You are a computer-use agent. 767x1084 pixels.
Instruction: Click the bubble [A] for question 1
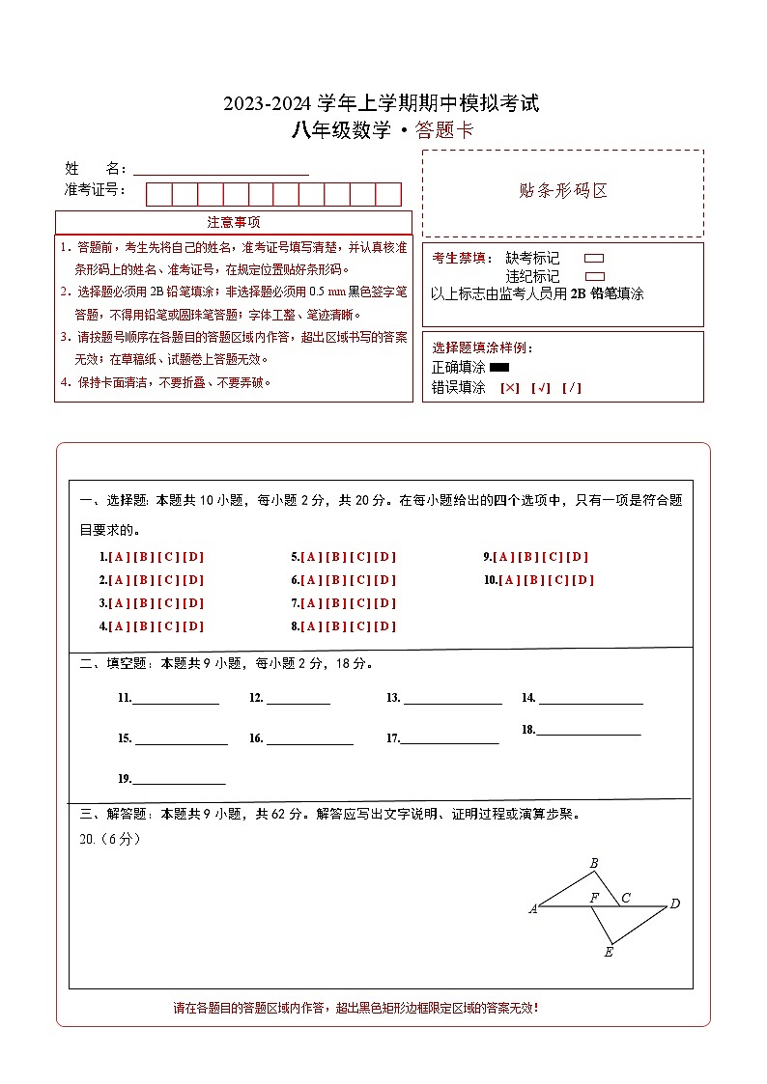pos(119,557)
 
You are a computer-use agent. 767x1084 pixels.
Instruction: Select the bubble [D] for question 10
pos(583,580)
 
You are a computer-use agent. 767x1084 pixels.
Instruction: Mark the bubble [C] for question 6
pos(360,580)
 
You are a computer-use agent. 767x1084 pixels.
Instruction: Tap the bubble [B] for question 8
pos(336,626)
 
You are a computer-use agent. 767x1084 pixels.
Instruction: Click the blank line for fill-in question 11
pos(175,702)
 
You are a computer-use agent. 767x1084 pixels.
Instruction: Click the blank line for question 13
pos(452,702)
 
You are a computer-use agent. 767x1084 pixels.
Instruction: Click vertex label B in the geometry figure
pos(594,863)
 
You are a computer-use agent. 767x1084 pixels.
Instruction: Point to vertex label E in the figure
pos(609,953)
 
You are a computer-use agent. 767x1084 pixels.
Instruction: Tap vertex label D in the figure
pos(675,904)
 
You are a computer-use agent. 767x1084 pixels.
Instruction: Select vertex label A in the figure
pos(532,908)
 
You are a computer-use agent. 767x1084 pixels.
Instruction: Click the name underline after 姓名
pos(220,172)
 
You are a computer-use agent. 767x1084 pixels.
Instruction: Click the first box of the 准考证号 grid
pos(158,194)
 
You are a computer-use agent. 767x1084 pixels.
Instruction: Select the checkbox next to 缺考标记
pos(594,259)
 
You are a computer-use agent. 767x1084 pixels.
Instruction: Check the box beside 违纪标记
pos(594,276)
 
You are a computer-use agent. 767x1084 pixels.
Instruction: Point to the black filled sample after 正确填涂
pos(499,368)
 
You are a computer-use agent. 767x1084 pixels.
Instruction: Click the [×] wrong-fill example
pos(510,388)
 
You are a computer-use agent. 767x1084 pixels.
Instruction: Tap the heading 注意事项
pos(233,223)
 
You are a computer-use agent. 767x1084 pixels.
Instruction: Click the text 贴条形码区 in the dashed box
pos(563,191)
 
